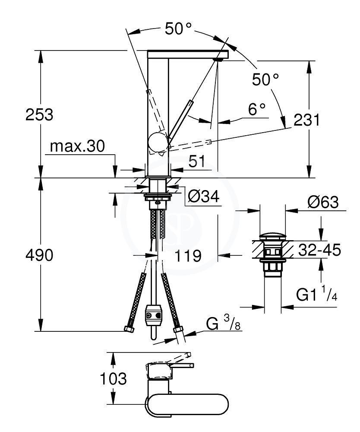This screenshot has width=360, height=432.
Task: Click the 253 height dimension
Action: tap(39, 114)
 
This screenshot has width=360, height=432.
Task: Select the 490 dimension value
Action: tap(39, 255)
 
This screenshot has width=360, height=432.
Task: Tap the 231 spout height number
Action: tap(306, 120)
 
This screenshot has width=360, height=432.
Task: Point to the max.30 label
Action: tap(77, 146)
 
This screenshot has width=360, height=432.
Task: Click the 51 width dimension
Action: tap(197, 161)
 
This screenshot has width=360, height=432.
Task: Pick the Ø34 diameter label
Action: tap(203, 197)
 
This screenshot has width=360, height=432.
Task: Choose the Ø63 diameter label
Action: tap(323, 203)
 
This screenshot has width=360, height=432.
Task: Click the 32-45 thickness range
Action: tap(320, 250)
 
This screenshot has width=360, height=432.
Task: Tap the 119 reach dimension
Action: tap(188, 256)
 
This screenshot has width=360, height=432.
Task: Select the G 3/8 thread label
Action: tap(223, 324)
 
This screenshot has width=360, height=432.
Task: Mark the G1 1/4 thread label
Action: tap(317, 295)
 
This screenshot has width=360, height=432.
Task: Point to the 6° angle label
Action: tap(257, 109)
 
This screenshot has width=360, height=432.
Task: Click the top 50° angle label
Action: tap(178, 29)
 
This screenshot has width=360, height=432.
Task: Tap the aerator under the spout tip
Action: tap(219, 59)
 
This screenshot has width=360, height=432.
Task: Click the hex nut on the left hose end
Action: tap(129, 329)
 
